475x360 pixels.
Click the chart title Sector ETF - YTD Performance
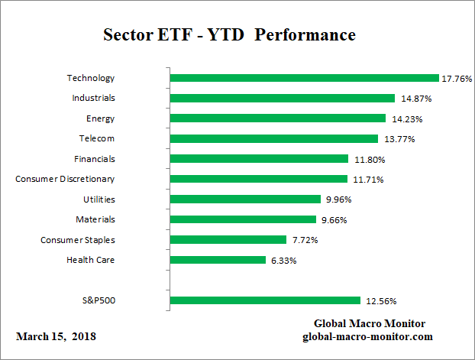[229, 35]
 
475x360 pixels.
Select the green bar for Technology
[304, 78]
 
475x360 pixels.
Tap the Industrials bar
[282, 98]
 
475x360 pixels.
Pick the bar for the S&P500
[264, 300]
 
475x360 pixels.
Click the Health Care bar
[218, 260]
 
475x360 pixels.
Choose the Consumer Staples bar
[228, 240]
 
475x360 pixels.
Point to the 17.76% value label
[456, 78]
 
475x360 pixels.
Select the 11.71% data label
[367, 180]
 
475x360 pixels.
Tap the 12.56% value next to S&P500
[381, 300]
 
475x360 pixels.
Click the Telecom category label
[96, 138]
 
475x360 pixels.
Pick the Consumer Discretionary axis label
[65, 179]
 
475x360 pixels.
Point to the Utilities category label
[99, 199]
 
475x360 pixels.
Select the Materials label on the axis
[95, 219]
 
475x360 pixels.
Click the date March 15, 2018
[56, 336]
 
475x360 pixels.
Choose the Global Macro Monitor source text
[370, 323]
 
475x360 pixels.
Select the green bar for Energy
[278, 118]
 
